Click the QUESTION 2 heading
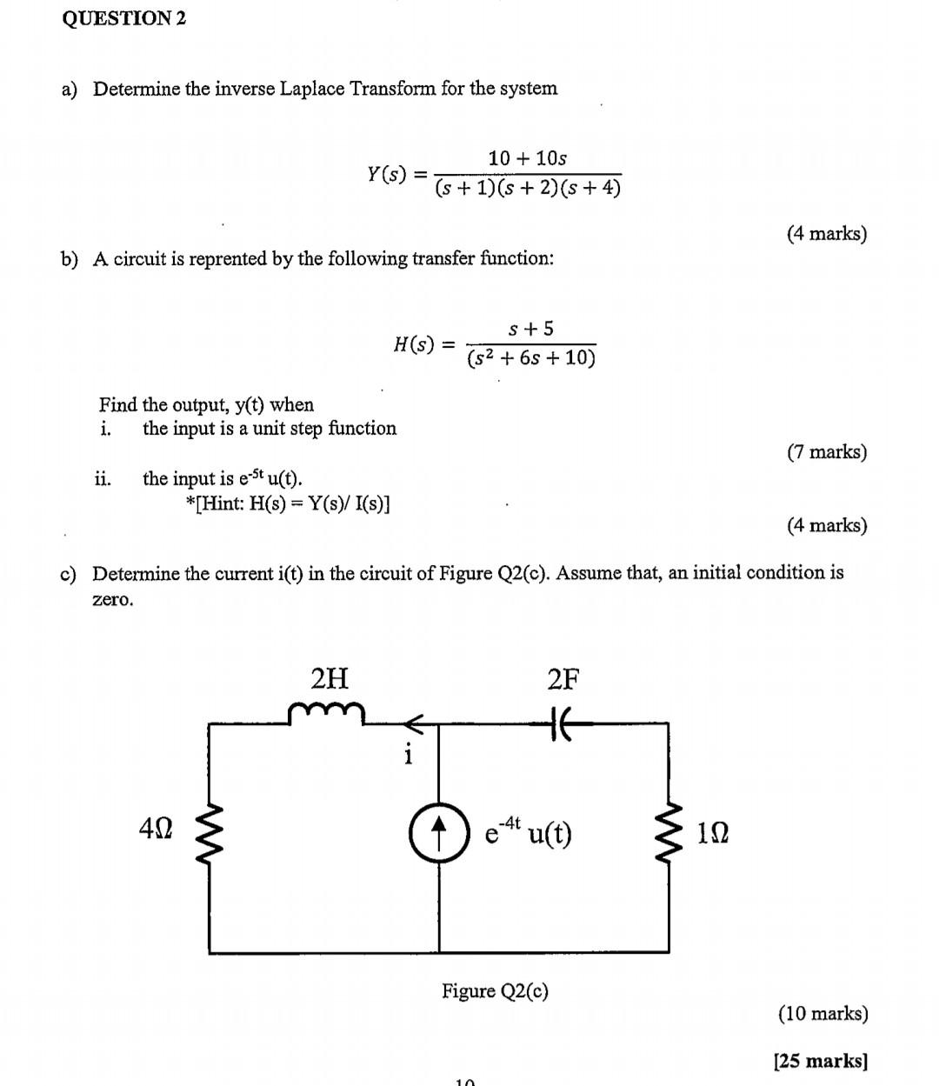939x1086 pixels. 124,18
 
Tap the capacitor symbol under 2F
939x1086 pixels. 561,722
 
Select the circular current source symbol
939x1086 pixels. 439,832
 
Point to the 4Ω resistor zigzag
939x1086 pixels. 210,833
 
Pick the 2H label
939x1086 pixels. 330,677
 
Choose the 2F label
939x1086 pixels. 563,678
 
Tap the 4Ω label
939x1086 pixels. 156,829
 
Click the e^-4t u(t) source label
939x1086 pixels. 528,833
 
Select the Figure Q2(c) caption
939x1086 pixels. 495,991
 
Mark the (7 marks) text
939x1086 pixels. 827,452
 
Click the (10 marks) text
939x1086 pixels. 822,1014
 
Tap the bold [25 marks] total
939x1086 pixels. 821,1061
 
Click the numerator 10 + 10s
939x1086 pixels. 528,158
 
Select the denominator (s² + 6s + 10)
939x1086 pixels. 531,358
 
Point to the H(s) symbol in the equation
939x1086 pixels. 414,344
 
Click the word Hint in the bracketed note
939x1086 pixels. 220,504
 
